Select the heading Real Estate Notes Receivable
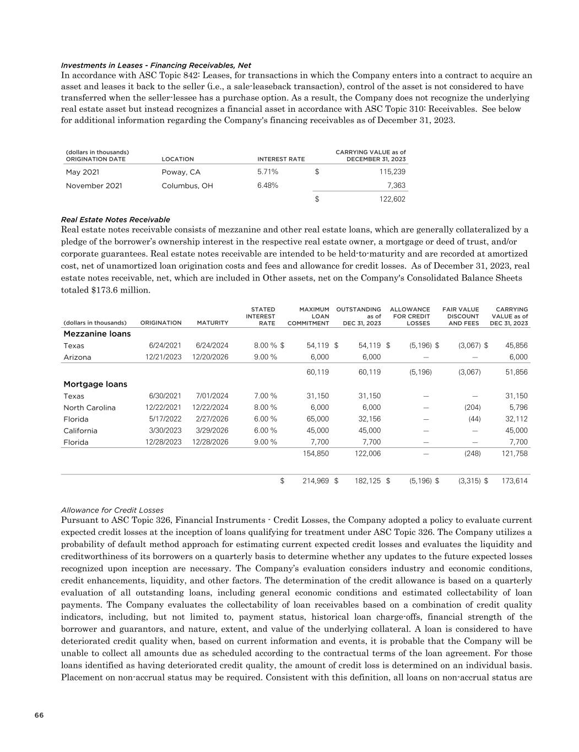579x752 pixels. [116, 219]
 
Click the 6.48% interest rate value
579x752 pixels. [268, 185]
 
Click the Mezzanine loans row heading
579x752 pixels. [98, 334]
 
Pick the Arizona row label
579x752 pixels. [78, 357]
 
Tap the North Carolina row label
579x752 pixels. [90, 408]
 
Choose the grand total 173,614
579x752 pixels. [514, 481]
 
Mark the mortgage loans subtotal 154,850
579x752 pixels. [316, 453]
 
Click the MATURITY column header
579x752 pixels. [212, 323]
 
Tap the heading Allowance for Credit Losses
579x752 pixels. [112, 510]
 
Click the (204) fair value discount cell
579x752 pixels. [472, 408]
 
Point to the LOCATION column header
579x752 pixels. [177, 159]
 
